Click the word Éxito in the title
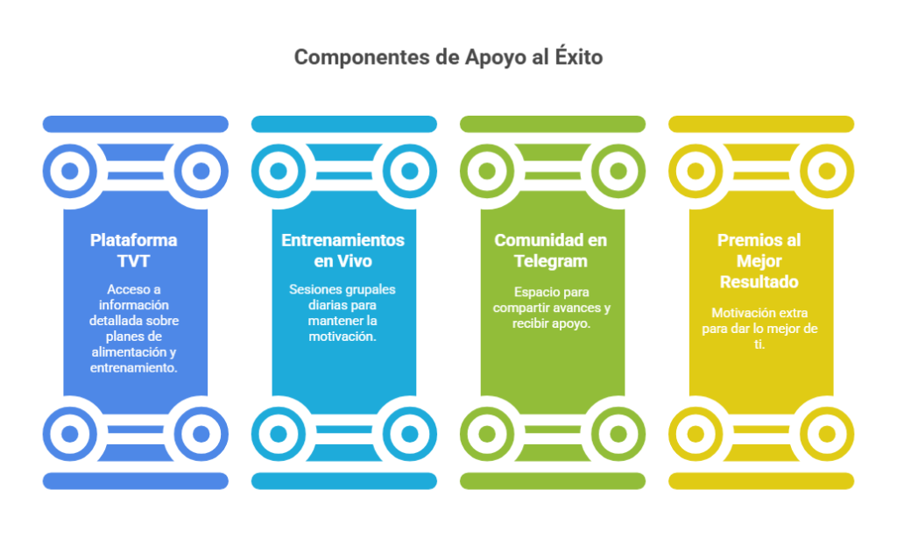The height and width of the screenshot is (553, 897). [579, 56]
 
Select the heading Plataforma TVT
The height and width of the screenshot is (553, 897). [133, 250]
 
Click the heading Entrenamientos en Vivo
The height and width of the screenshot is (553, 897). [343, 250]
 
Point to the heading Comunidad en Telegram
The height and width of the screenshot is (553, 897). [550, 250]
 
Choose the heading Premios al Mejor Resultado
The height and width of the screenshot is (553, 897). [759, 260]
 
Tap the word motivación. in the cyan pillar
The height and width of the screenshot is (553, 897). [343, 337]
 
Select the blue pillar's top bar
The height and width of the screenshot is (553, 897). [136, 124]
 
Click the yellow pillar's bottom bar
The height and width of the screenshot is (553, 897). [761, 481]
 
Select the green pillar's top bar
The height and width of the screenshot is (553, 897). [553, 124]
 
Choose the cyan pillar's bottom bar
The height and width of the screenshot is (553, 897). [344, 481]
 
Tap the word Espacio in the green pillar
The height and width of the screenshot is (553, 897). [533, 293]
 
